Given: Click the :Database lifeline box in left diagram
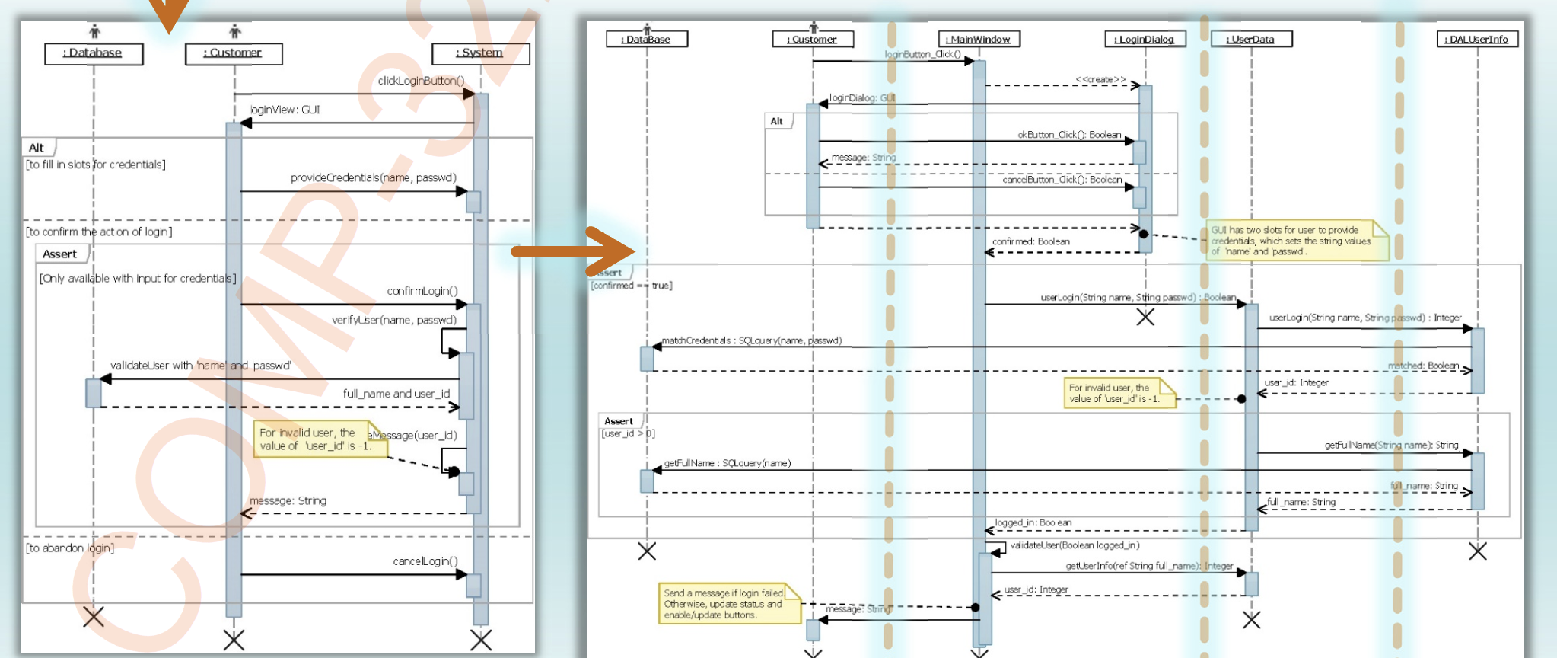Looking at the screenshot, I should click(x=94, y=53).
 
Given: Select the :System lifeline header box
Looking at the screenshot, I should click(x=480, y=53).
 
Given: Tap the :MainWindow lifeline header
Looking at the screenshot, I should click(x=979, y=39).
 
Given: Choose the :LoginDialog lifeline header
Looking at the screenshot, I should click(x=1145, y=39).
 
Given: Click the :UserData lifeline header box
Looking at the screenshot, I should click(x=1251, y=39).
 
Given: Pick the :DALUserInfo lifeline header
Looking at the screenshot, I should click(x=1477, y=39).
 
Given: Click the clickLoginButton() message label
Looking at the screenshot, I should click(x=421, y=81).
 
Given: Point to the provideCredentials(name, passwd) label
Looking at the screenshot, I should click(x=373, y=177).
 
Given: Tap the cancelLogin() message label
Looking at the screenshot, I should click(x=425, y=561).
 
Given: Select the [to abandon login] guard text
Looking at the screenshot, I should click(x=70, y=548).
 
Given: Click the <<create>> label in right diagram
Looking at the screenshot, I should click(x=1100, y=79).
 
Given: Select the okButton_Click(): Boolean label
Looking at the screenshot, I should click(x=1069, y=135).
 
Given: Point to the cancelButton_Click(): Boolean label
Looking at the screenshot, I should click(x=1062, y=180).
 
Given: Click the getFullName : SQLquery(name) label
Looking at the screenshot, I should click(x=727, y=463).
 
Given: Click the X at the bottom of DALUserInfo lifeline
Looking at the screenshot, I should click(x=1477, y=551).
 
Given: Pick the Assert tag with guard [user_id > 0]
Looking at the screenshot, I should click(x=619, y=421).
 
